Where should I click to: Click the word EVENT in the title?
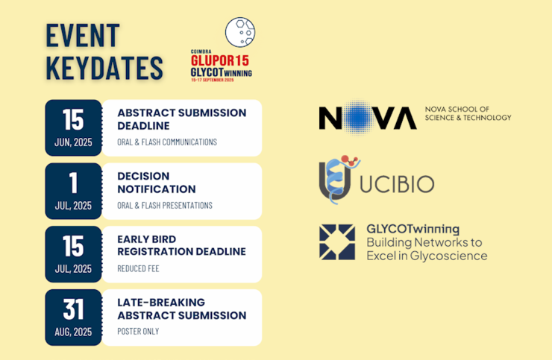83,35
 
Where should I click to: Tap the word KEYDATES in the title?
104,68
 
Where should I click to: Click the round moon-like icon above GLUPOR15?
240,32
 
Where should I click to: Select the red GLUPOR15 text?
220,60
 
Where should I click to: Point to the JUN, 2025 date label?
73,142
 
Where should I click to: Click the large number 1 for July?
73,183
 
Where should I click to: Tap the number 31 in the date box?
74,309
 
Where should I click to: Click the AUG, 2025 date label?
73,332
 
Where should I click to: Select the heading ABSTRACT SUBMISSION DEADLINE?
182,119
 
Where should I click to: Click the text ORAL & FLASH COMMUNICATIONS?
167,142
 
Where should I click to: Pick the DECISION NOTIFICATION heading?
157,183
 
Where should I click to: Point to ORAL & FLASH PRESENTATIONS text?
165,206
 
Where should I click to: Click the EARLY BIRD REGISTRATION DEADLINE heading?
182,245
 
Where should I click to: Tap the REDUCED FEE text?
138,269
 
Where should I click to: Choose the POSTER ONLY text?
138,332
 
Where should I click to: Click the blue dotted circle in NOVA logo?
357,117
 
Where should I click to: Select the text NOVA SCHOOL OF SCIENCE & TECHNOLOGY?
468,114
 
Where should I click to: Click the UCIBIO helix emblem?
338,180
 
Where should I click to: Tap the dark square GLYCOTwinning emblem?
337,242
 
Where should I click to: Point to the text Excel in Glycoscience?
427,256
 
